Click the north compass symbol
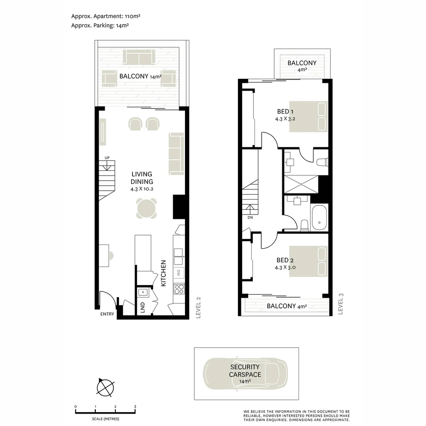tap(105, 387)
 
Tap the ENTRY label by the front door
tap(107, 314)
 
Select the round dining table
tap(146, 208)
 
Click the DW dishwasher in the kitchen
tap(179, 273)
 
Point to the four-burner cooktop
tap(179, 289)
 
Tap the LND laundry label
tap(143, 308)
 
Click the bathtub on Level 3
tap(319, 218)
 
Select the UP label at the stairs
tap(107, 158)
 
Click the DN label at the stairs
tap(250, 217)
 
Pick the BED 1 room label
tap(285, 111)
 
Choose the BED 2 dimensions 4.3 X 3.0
tap(285, 267)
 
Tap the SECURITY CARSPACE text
tap(245, 370)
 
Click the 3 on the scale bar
tap(135, 407)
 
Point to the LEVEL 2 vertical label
tap(198, 308)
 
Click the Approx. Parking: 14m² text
tap(100, 26)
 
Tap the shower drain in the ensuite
tap(301, 184)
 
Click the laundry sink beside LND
tap(143, 292)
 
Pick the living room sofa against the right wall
tap(176, 154)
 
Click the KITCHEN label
tap(163, 273)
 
